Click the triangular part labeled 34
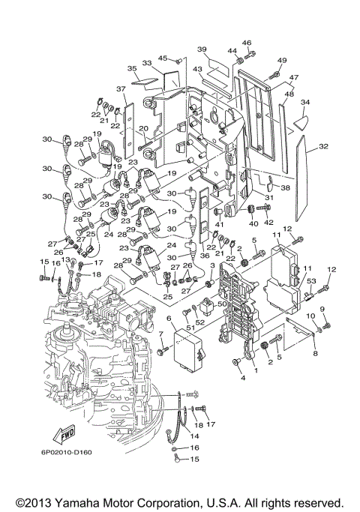pos(303,115)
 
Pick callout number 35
pos(133,68)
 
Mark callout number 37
pos(121,90)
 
